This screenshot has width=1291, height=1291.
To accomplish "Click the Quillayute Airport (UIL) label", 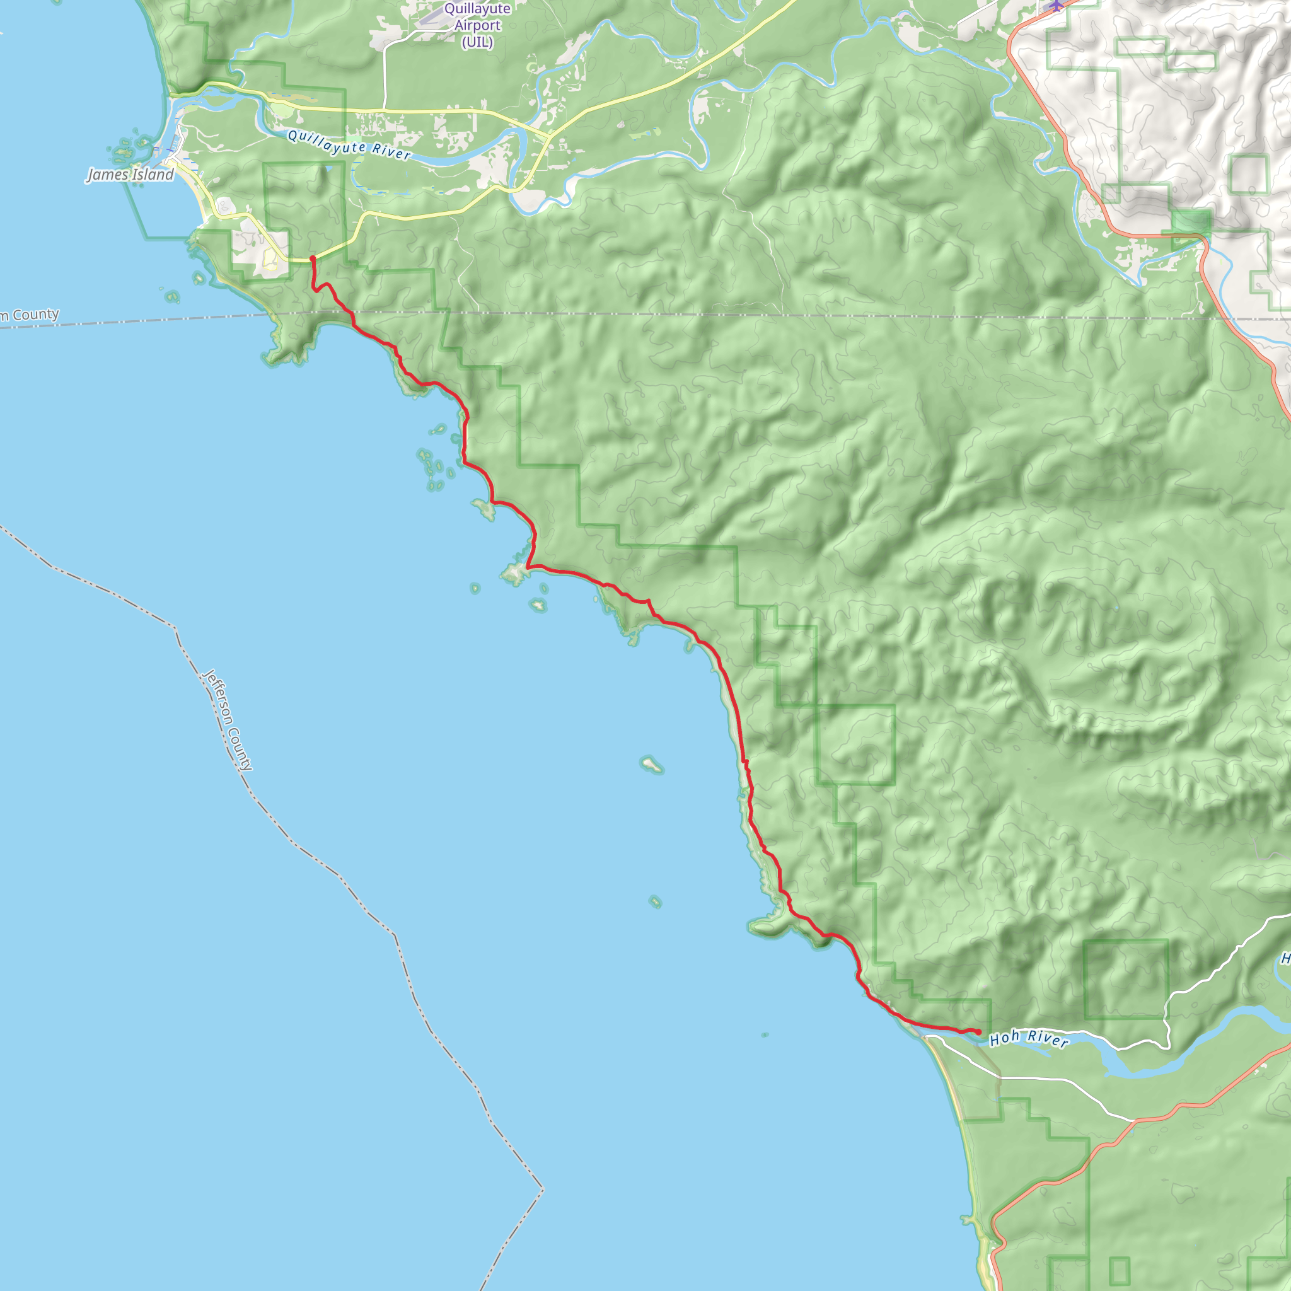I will (x=477, y=25).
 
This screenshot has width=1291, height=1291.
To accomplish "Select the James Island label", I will (x=130, y=175).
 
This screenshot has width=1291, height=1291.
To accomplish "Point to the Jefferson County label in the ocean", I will (x=228, y=721).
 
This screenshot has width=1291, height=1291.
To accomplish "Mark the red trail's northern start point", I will (x=312, y=258).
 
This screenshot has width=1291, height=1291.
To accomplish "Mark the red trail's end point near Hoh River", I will (x=978, y=1033).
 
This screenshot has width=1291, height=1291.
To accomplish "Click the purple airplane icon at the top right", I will (x=1056, y=5).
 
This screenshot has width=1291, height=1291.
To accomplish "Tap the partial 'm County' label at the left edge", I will (x=30, y=315).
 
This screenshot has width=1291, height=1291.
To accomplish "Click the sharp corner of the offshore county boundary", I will (x=543, y=1189).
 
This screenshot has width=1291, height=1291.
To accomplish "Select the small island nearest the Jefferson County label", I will (x=652, y=765).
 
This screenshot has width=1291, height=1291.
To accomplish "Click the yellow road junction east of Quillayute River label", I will (x=549, y=136).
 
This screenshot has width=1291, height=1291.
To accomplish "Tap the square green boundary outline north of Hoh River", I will (x=1125, y=979).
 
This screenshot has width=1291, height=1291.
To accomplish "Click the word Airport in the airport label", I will (x=477, y=25).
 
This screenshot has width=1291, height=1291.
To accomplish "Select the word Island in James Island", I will (x=151, y=175).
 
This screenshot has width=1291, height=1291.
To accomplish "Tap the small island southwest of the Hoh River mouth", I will (x=765, y=1035).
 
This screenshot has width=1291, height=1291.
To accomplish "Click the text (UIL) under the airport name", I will (x=477, y=42).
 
